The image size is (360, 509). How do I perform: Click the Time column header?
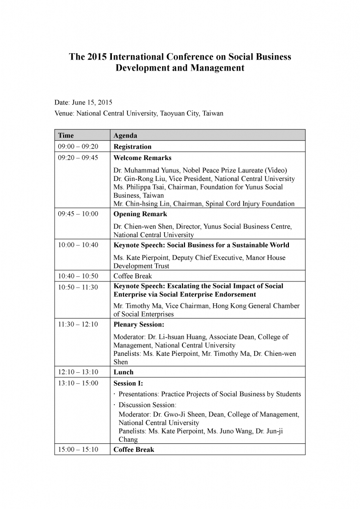coord(66,135)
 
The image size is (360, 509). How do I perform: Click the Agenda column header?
coord(125,135)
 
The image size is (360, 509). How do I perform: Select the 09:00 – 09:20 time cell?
coord(78,147)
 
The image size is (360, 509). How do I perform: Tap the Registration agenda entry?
coord(132,147)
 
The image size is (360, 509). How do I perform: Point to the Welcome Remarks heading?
coord(142,158)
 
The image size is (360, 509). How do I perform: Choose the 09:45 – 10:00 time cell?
coord(78,214)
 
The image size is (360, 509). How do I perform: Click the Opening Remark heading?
coord(140,214)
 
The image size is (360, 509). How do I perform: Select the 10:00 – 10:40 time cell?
coord(78,245)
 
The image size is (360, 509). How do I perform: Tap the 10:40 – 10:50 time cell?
coord(78,276)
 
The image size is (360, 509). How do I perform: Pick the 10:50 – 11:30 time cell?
coord(78,287)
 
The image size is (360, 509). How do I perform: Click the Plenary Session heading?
coord(139,325)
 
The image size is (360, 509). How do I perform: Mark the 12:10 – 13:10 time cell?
coord(78,372)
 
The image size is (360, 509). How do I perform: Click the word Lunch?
coord(123,372)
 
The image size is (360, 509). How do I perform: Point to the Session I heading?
coord(128,383)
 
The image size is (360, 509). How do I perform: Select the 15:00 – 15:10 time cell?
coord(78,449)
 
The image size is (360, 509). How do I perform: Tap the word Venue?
coord(64,113)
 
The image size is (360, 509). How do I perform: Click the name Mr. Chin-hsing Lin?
coord(144,203)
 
